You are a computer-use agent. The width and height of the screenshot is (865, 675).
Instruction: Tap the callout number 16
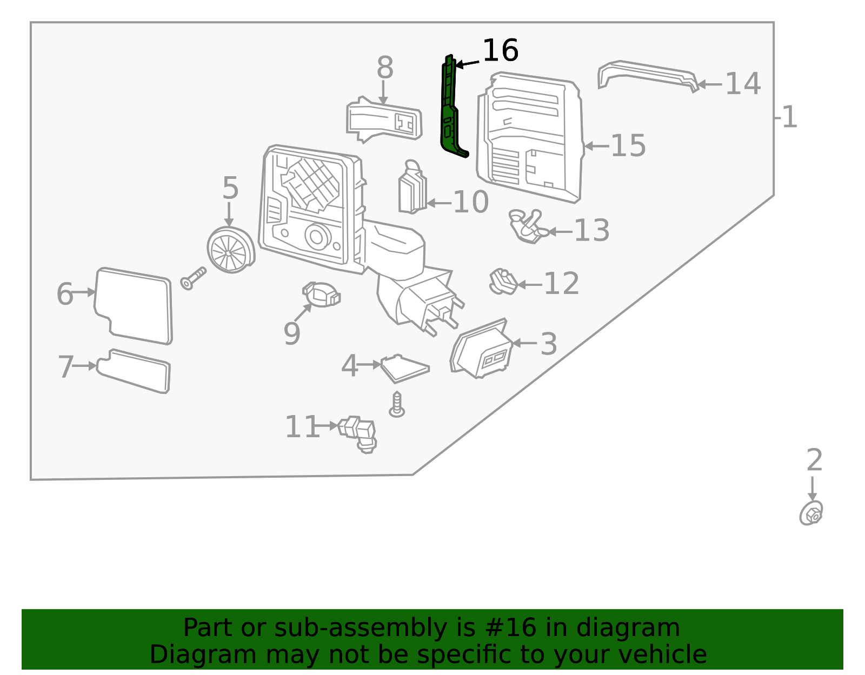[x=501, y=50]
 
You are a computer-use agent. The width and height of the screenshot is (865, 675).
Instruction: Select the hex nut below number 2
[x=811, y=513]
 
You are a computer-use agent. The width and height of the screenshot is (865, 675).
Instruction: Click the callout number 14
[x=743, y=84]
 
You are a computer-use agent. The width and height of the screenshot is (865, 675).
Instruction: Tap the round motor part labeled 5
[x=231, y=250]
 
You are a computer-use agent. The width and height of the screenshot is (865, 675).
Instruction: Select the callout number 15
[x=628, y=145]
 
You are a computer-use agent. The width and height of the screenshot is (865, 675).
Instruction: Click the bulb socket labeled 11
[x=357, y=434]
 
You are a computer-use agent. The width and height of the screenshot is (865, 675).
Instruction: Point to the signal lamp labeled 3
[x=482, y=349]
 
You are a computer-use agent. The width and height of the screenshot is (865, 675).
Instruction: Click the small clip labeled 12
[x=503, y=282]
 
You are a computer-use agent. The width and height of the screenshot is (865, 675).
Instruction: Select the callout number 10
[x=471, y=202]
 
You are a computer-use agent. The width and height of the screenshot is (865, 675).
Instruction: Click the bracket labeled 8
[x=384, y=119]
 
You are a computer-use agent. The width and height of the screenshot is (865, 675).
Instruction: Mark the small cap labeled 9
[x=322, y=295]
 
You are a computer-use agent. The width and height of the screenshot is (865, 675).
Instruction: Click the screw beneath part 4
[x=397, y=405]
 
